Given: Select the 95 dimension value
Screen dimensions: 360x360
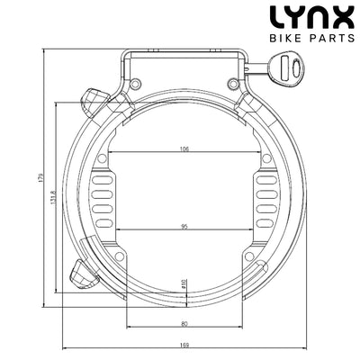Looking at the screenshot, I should (184, 227).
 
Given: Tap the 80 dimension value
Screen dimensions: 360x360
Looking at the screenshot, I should (184, 322).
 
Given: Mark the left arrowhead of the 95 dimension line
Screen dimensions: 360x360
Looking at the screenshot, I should (114, 233).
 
